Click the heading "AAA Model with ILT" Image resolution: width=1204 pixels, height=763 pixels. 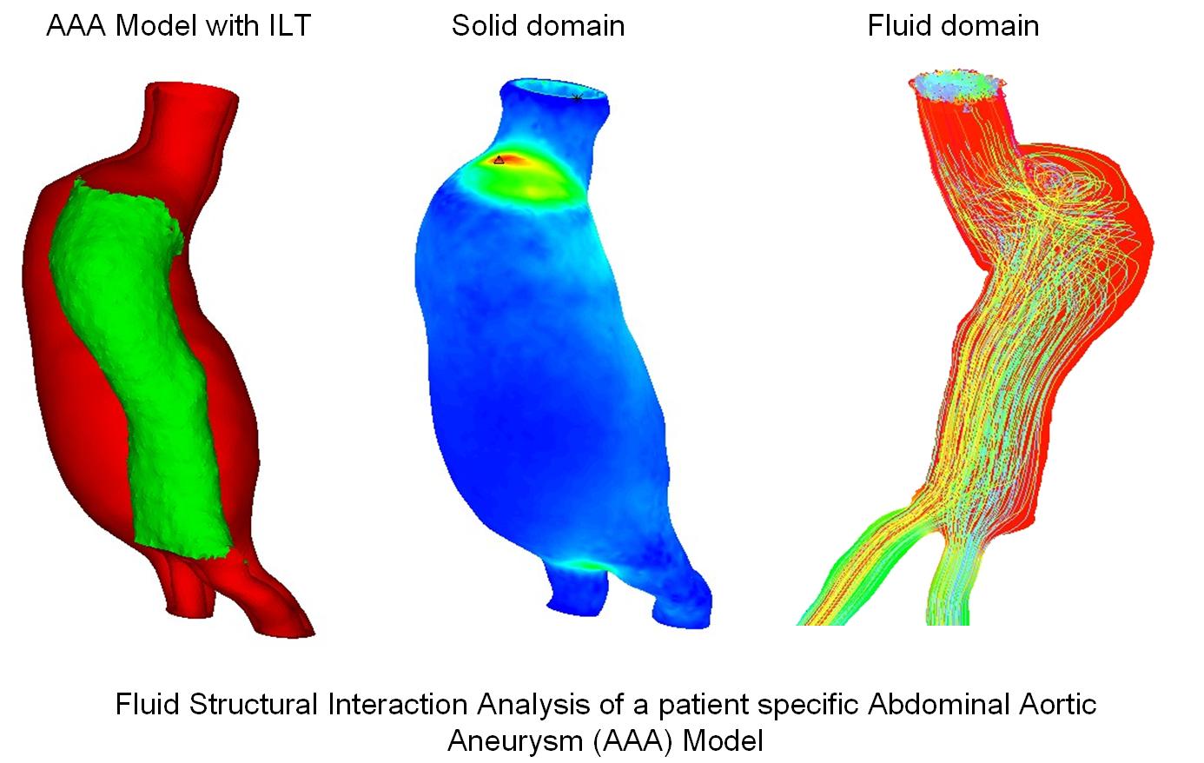pos(178,25)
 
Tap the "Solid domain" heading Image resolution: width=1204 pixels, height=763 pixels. pos(538,25)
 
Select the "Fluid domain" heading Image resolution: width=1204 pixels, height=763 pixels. pos(953,25)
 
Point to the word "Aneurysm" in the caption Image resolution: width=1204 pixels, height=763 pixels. pos(515,741)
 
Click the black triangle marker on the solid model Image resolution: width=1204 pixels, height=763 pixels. pos(499,160)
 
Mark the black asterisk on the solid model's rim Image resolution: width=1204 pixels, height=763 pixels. pos(577,98)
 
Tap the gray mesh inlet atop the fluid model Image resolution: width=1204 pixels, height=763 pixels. pos(956,85)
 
